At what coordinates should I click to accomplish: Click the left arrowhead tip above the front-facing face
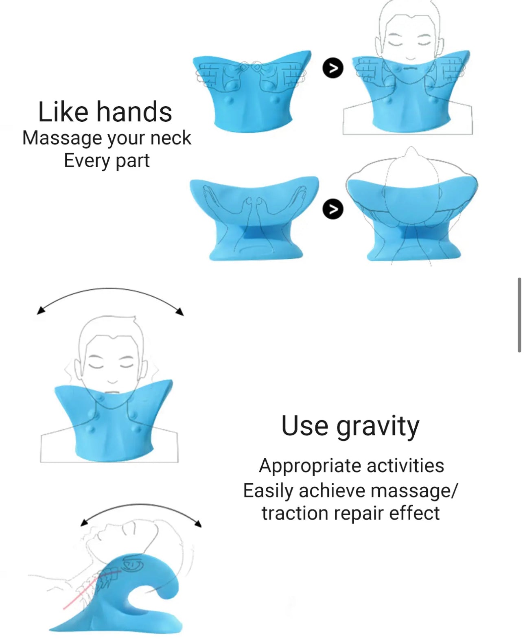37,314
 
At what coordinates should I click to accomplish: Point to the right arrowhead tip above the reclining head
201,527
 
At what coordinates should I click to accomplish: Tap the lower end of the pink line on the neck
63,609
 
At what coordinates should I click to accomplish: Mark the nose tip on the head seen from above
411,148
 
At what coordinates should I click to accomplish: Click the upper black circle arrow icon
333,68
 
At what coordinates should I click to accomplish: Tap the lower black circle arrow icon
333,209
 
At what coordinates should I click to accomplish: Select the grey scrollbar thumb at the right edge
519,315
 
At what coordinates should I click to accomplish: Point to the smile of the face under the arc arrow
112,381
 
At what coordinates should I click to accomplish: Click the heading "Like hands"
105,112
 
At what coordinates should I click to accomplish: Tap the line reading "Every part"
107,161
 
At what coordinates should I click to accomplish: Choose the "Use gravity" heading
350,427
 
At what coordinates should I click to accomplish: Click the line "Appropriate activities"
351,466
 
